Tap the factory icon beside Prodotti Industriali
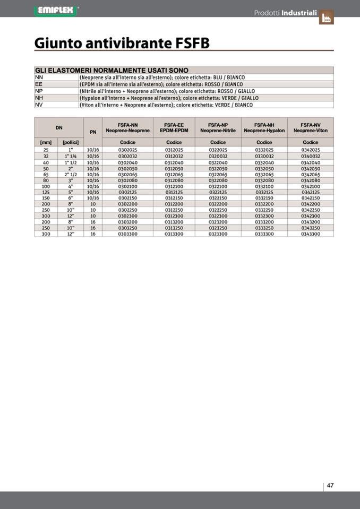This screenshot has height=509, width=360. click(326, 18)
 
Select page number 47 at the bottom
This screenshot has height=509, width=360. click(330, 485)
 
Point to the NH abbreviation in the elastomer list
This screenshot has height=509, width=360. click(39, 98)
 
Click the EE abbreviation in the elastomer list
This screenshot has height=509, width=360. click(39, 84)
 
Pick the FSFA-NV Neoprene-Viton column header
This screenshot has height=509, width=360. click(311, 127)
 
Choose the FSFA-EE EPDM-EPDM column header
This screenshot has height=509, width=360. click(174, 127)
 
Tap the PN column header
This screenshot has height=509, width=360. click(93, 132)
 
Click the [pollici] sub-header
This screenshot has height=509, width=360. click(71, 142)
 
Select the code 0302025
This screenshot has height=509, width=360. click(127, 150)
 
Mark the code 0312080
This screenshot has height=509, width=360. click(174, 180)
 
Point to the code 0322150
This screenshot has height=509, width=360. click(218, 197)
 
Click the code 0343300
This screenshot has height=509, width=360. click(311, 234)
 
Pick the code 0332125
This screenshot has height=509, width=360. click(264, 192)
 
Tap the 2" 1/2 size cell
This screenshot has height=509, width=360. click(71, 174)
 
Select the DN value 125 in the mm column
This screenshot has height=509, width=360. click(46, 192)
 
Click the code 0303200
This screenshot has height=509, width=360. click(127, 222)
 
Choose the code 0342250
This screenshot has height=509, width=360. click(311, 210)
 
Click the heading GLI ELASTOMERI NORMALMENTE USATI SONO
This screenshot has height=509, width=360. click(112, 70)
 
